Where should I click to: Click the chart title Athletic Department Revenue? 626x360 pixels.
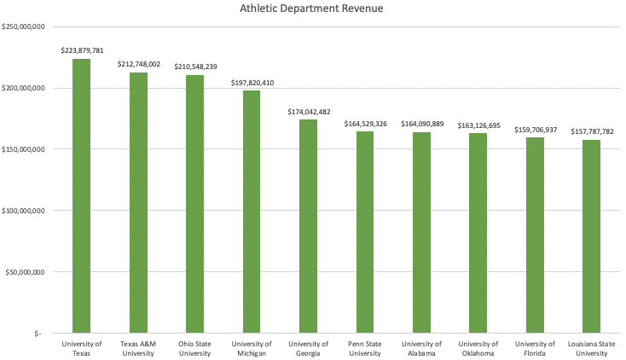point(312,10)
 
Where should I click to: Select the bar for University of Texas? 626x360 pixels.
point(82,196)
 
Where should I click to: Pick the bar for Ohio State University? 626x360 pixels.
point(195,204)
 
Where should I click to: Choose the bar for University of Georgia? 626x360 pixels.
point(308,226)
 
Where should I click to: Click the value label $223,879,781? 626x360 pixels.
point(82,51)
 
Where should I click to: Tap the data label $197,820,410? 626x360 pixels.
point(252,83)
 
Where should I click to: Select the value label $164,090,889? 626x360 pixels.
point(422,124)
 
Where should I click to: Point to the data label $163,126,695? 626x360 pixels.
point(478,125)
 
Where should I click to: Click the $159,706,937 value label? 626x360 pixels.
point(536,130)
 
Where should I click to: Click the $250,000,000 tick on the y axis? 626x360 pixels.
point(25,27)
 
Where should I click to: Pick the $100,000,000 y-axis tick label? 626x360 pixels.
point(25,211)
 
